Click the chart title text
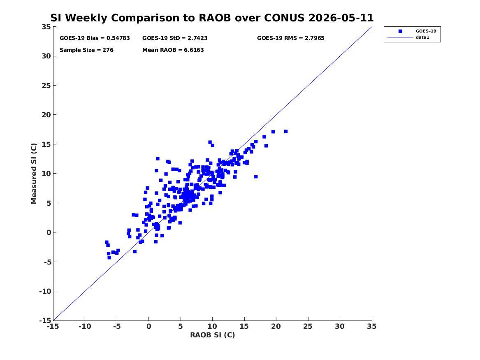(212, 18)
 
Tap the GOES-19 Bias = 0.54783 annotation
(95, 38)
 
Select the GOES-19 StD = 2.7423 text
(175, 38)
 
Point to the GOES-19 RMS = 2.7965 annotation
(290, 38)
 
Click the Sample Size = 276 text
(86, 50)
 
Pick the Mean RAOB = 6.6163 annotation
(173, 50)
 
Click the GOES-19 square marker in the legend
(400, 31)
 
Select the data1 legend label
(422, 37)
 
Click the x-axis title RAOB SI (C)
(213, 335)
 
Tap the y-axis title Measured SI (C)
(34, 174)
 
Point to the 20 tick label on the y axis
(46, 115)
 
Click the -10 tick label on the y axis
(45, 291)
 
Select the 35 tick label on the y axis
(46, 27)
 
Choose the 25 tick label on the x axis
(308, 326)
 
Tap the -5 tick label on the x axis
(117, 326)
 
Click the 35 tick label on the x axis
(372, 326)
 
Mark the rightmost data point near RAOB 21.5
(286, 132)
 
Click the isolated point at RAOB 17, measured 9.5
(256, 177)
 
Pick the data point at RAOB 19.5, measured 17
(273, 132)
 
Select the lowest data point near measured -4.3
(109, 258)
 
